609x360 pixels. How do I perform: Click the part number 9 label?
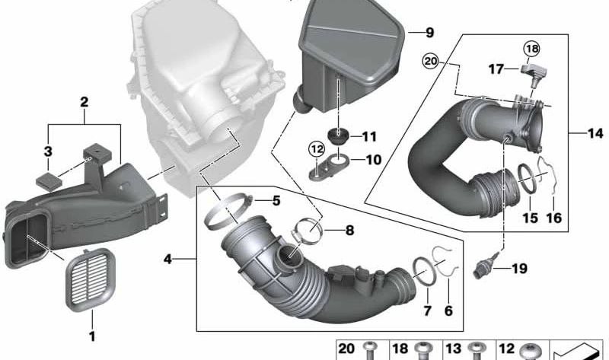(429, 33)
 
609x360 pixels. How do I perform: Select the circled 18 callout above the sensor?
(531, 49)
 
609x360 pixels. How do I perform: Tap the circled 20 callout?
(431, 62)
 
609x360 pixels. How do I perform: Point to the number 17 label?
(496, 69)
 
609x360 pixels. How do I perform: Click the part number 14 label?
(595, 134)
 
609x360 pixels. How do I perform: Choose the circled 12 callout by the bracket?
(317, 148)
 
